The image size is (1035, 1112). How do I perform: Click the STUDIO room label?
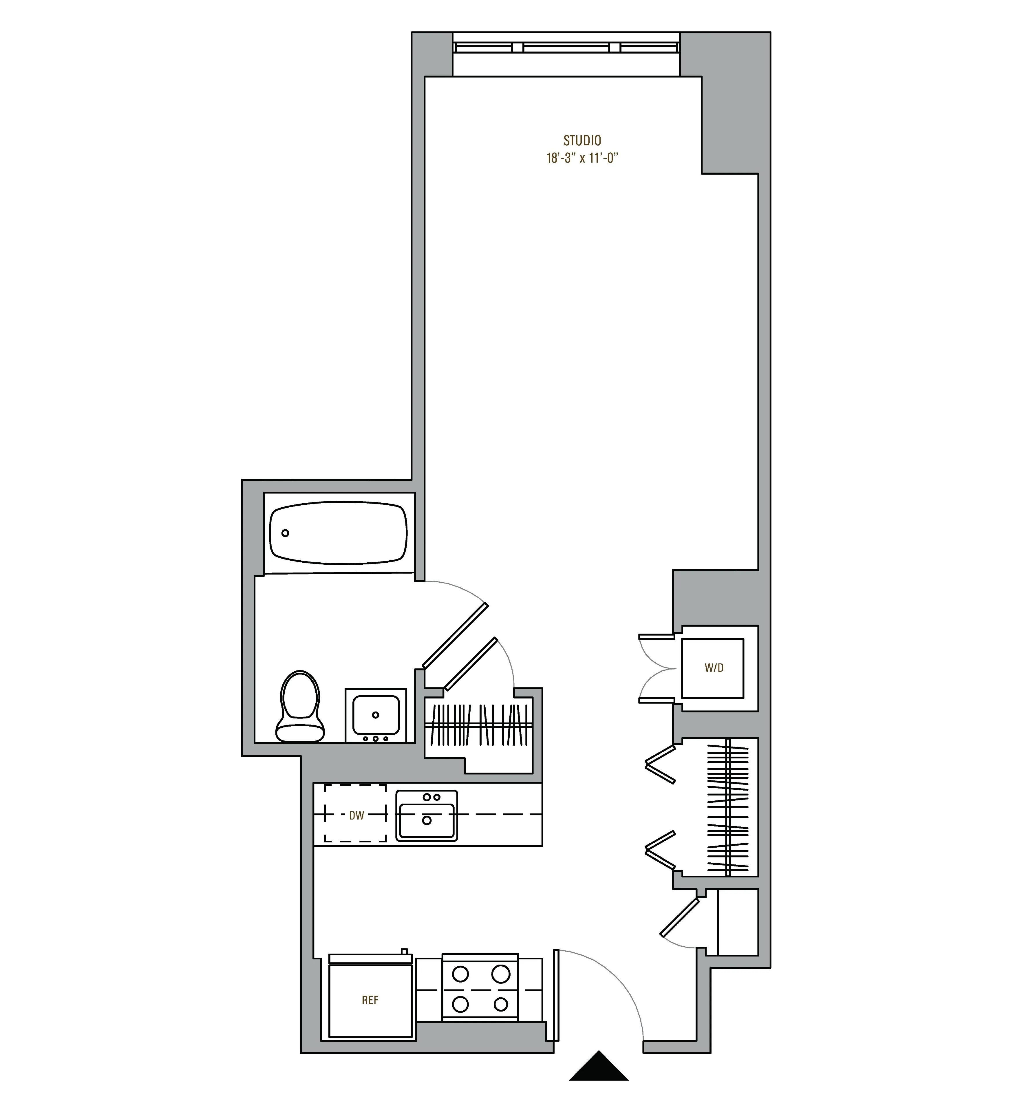[582, 140]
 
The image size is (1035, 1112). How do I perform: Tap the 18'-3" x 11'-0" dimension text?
[582, 158]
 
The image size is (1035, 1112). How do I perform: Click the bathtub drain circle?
[285, 533]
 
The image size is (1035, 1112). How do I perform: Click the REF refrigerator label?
[370, 1000]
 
